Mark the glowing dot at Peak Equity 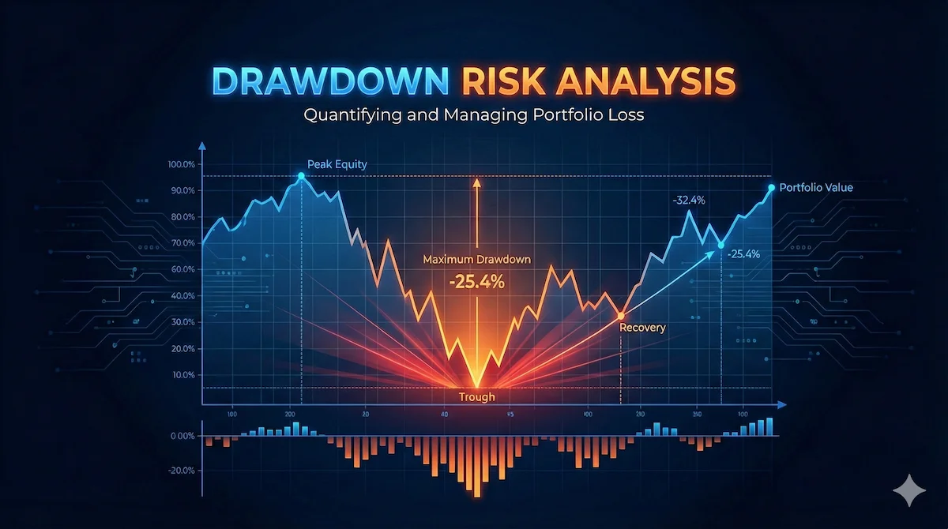click(301, 176)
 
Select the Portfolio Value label click(816, 188)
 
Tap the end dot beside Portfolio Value click(771, 187)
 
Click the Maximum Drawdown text click(476, 259)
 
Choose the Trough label click(477, 397)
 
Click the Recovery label click(642, 327)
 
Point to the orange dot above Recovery click(621, 316)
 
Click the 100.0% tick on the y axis click(181, 164)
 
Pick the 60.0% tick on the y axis click(182, 269)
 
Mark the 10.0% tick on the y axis click(182, 374)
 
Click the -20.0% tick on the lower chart click(181, 471)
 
